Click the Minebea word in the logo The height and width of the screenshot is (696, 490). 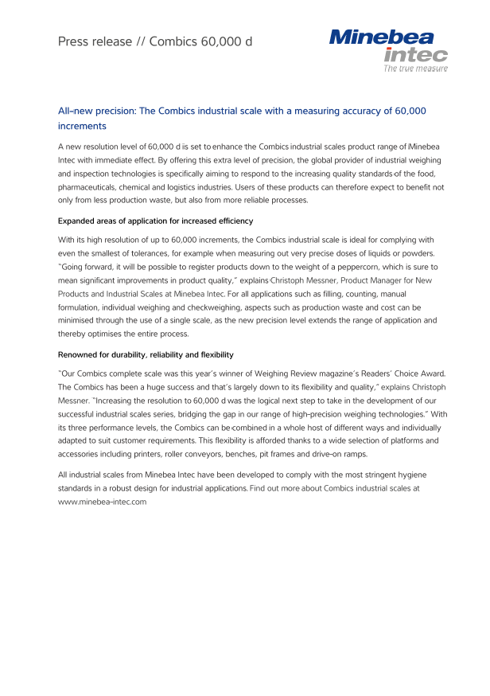(387, 37)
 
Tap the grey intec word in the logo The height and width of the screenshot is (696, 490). (415, 54)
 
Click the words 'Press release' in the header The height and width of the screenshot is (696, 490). (95, 41)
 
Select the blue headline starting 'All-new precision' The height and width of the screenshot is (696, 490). (242, 119)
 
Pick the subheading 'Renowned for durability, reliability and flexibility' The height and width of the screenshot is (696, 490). (146, 354)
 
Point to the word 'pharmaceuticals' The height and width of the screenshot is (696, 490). (87, 186)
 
